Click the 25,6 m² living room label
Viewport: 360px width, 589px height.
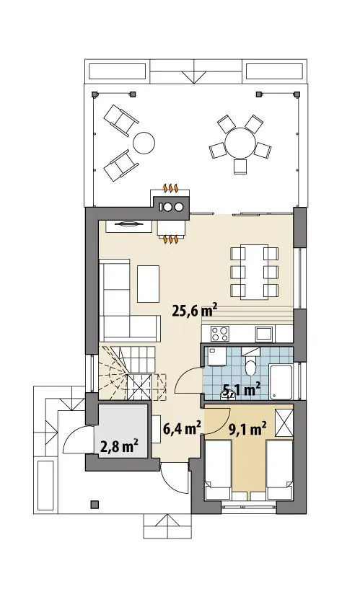pos(195,311)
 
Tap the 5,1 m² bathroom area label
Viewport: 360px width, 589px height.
pos(242,391)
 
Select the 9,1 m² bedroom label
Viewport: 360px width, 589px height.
pos(248,428)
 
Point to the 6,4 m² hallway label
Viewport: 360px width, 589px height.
pos(182,428)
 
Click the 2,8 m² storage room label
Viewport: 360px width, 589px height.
pos(119,446)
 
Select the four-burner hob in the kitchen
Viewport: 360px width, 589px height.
pos(220,334)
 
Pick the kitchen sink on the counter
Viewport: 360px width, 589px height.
pos(264,334)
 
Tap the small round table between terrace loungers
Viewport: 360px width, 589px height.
pos(144,143)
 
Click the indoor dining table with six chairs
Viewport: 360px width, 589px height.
pos(255,272)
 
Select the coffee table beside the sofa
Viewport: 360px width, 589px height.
pos(148,283)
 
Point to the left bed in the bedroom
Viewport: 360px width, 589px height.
pos(218,470)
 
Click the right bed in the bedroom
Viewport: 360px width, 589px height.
pos(280,470)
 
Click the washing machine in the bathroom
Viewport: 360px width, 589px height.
pos(216,355)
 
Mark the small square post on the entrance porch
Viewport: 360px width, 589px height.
pos(95,504)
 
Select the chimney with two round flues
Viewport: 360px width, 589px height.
pos(172,206)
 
